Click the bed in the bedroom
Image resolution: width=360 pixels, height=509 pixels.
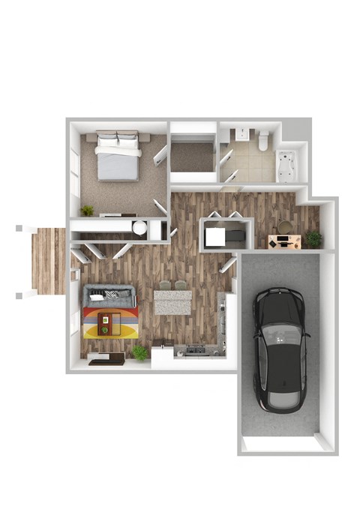[117, 156]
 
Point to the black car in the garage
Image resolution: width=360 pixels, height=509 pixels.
[280, 349]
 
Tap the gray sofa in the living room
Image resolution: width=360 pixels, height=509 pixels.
[109, 295]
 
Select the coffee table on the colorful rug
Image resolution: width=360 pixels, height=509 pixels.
[106, 323]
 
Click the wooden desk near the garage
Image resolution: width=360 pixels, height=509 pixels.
[284, 241]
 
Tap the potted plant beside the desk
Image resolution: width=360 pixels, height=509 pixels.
[313, 239]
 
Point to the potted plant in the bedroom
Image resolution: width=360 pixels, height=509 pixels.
[88, 211]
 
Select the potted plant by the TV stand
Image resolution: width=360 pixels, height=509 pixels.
[140, 352]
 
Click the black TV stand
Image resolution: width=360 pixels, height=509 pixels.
[106, 358]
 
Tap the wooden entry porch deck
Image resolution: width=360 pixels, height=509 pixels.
[49, 260]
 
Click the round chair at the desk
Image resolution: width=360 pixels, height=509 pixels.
[285, 225]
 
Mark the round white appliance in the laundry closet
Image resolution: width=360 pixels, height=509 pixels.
[139, 229]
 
